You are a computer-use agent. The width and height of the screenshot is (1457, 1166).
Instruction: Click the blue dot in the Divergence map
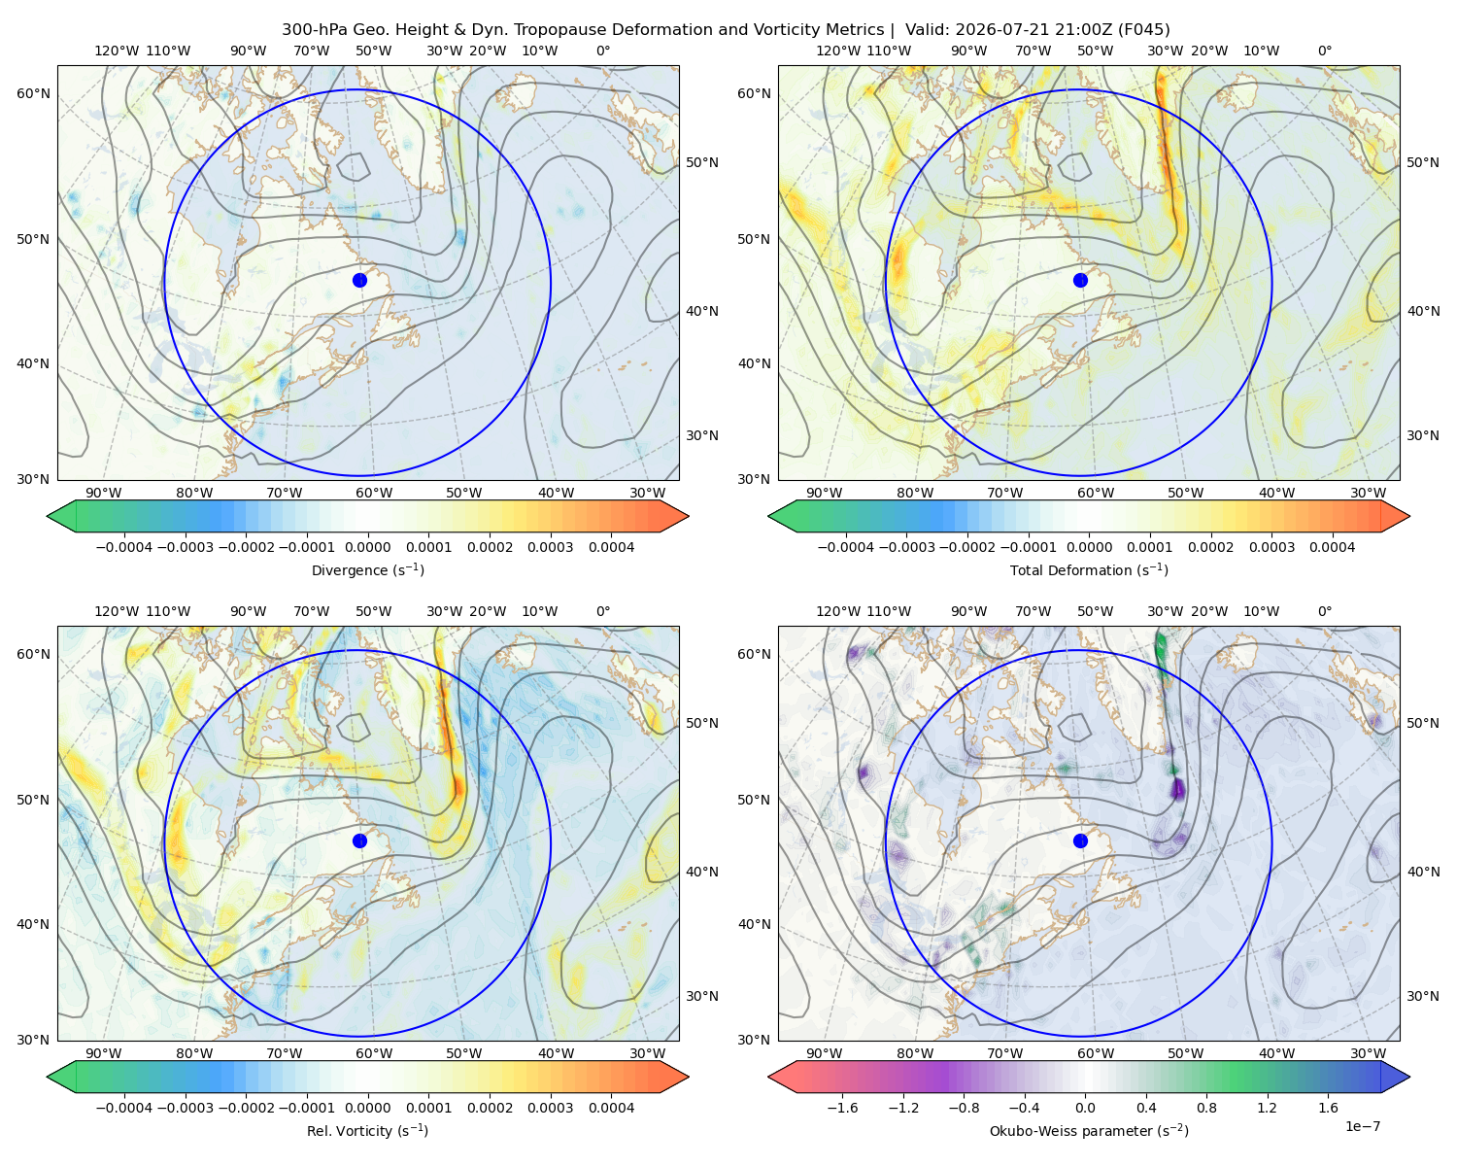tap(359, 280)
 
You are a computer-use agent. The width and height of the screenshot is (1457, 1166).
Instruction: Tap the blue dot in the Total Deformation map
tap(1080, 280)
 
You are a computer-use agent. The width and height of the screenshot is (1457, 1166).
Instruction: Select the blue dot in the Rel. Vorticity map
tap(359, 840)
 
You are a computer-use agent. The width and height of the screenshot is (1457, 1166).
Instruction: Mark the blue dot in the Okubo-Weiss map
tap(1080, 840)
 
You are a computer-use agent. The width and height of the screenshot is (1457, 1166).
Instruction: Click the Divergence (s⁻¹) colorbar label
tap(367, 569)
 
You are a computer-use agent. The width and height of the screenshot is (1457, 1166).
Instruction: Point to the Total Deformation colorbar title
tap(1089, 569)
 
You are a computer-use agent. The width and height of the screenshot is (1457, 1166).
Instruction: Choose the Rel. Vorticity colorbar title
tap(367, 1130)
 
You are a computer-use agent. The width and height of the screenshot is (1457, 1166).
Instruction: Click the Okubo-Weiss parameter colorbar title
tap(1089, 1130)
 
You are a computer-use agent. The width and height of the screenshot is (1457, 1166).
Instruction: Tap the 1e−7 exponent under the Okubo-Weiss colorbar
tap(1362, 1126)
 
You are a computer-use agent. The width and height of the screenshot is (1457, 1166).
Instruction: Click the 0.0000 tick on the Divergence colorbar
tap(367, 547)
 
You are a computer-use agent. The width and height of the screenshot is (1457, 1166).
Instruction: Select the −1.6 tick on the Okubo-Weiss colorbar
tap(842, 1107)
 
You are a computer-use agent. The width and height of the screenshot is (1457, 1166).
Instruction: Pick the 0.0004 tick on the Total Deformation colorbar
tap(1332, 547)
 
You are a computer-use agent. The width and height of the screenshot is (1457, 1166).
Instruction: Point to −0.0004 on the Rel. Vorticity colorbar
tap(124, 1107)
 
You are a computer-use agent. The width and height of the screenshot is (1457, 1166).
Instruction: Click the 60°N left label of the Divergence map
tap(33, 93)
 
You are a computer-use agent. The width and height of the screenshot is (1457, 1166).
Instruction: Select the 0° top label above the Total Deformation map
tap(1324, 51)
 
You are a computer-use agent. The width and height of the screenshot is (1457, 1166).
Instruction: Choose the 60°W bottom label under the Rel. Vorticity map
tap(374, 1053)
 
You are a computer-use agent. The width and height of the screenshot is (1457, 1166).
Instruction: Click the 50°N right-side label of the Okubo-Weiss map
tap(1422, 723)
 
